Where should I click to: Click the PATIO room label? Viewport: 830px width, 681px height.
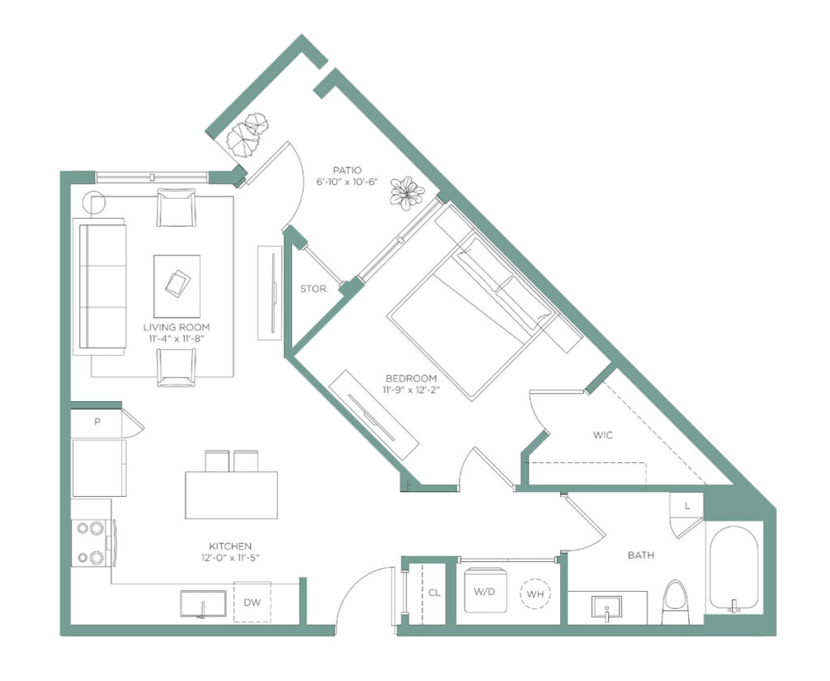[347, 170]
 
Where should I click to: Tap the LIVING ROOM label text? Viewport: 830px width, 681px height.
[176, 328]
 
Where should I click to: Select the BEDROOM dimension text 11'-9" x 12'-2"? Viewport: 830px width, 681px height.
[412, 390]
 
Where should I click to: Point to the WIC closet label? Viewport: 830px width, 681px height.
[603, 435]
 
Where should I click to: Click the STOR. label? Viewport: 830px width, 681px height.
[314, 289]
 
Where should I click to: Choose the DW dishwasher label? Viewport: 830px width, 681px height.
[252, 602]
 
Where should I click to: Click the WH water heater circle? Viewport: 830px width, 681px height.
[535, 593]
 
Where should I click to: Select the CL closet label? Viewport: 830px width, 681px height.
[434, 593]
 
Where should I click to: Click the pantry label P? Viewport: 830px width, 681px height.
[97, 422]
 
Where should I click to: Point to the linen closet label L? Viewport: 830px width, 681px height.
[687, 506]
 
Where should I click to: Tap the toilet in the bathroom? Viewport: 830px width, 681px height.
[676, 602]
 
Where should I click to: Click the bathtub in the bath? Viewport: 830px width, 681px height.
[734, 567]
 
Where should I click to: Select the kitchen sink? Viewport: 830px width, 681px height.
[203, 604]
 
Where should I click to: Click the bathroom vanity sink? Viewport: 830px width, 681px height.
[606, 608]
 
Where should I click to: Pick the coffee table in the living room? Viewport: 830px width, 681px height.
[177, 286]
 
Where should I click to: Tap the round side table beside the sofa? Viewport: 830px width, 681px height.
[94, 202]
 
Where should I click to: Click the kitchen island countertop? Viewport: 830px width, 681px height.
[231, 495]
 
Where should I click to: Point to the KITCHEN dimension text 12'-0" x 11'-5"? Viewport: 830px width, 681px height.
[230, 558]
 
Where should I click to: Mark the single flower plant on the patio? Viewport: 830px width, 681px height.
[407, 193]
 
